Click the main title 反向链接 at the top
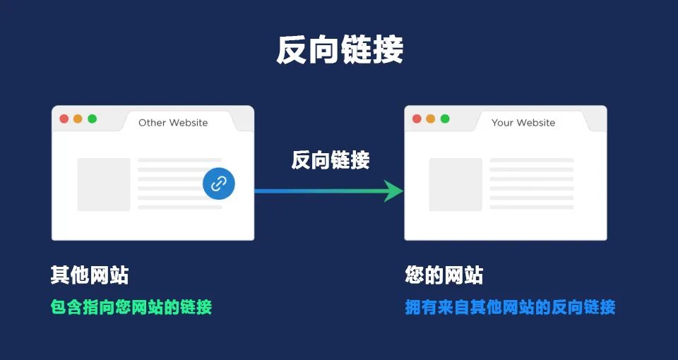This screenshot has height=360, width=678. click(x=339, y=51)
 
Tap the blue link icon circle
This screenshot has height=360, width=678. click(x=219, y=184)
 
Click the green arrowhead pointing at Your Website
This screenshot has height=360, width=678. click(x=392, y=190)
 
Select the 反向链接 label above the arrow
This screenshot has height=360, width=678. click(x=331, y=160)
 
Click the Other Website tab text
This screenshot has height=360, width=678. click(x=173, y=123)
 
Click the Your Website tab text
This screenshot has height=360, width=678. click(x=523, y=123)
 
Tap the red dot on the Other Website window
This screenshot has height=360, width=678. click(x=64, y=119)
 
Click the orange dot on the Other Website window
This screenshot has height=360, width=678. click(x=78, y=119)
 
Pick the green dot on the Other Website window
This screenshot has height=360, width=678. click(x=92, y=119)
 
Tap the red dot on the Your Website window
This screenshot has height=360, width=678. click(x=417, y=119)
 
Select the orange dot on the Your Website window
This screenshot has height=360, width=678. click(x=431, y=119)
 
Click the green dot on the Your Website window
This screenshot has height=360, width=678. click(x=445, y=119)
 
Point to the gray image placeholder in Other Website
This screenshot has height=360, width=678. click(x=104, y=184)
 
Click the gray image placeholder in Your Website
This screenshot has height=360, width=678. click(x=456, y=184)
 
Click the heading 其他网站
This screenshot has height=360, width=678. click(x=90, y=275)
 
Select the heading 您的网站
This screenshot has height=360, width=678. click(x=444, y=275)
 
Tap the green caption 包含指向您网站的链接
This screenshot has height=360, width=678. click(x=131, y=307)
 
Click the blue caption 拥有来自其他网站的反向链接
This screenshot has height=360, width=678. click(x=510, y=307)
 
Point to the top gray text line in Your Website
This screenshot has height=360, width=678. click(x=531, y=160)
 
